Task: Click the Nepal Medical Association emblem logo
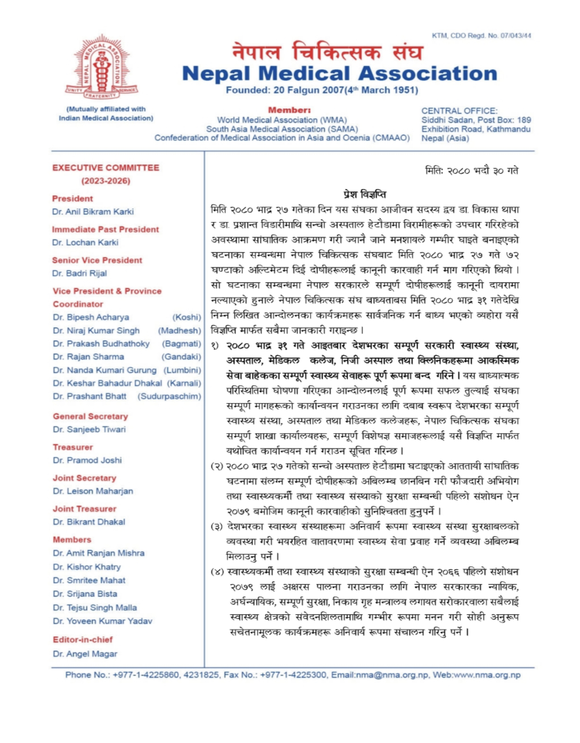click(102, 67)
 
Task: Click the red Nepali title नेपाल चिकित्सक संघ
click(328, 52)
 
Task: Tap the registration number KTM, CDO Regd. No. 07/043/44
click(482, 36)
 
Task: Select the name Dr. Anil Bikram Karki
click(93, 211)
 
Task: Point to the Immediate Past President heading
click(105, 229)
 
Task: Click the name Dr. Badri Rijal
click(80, 273)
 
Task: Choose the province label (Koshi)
click(187, 317)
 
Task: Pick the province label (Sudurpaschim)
click(170, 396)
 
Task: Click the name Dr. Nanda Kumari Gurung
click(105, 370)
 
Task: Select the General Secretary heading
click(90, 416)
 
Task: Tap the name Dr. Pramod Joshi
click(87, 460)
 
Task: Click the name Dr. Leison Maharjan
click(93, 491)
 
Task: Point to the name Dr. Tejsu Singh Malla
click(95, 608)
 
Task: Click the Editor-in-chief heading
click(83, 640)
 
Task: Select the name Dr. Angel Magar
click(85, 654)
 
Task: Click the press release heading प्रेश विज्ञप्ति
click(365, 195)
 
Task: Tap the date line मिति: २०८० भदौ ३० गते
click(472, 171)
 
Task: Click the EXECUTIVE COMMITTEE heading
click(106, 168)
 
